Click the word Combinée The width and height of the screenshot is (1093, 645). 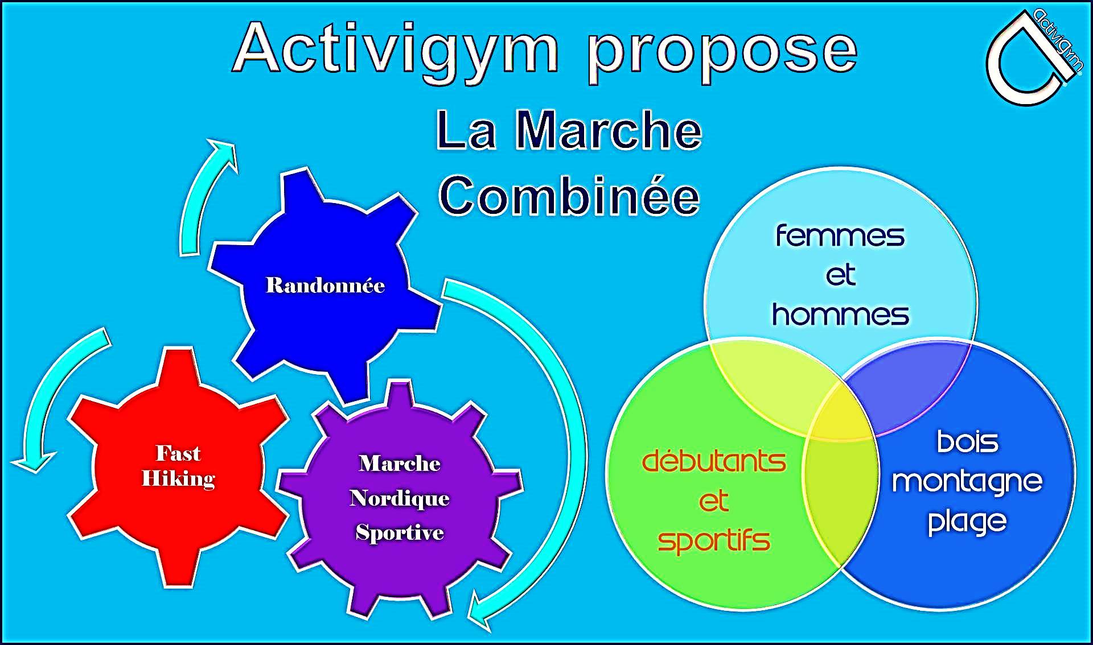pos(569,196)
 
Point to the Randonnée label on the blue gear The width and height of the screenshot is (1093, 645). pos(325,285)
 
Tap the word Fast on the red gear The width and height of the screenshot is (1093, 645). pos(178,453)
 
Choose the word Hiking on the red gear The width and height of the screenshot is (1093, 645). pos(178,479)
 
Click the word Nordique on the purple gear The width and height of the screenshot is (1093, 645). pos(400,498)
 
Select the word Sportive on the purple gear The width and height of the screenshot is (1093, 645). pos(400,532)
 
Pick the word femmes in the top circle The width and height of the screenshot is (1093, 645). pos(840,235)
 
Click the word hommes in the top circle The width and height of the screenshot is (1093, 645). pos(840,314)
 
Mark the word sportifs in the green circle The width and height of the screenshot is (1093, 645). pos(714,540)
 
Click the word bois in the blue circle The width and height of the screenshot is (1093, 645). pos(968,441)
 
